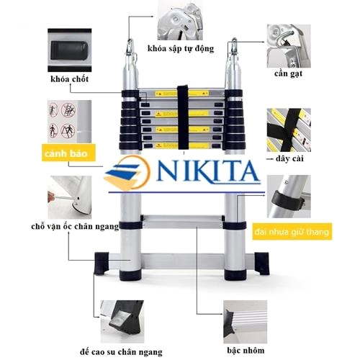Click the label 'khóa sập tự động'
[x=181, y=49]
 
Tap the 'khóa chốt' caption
[x=70, y=79]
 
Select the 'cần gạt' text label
[x=288, y=73]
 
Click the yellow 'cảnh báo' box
[x=68, y=153]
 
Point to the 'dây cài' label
[x=289, y=158]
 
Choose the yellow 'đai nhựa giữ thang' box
[x=292, y=232]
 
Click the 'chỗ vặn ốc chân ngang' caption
[x=75, y=227]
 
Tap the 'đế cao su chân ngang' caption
[x=121, y=352]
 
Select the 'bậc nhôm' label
[x=246, y=351]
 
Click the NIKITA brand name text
[x=208, y=171]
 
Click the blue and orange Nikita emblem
[x=127, y=172]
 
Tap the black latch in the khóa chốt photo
[x=69, y=50]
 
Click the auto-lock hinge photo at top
[x=180, y=20]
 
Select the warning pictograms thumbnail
[x=69, y=122]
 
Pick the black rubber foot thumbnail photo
[x=122, y=321]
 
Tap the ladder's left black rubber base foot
[x=102, y=264]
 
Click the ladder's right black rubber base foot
[x=262, y=264]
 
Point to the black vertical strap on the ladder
[x=184, y=117]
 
